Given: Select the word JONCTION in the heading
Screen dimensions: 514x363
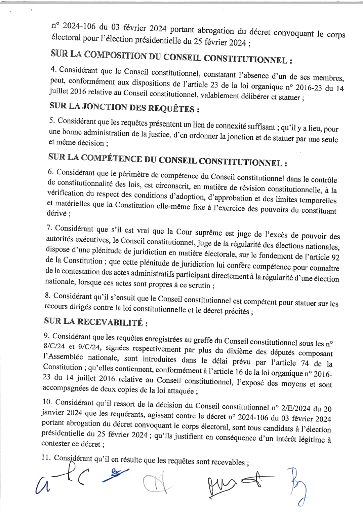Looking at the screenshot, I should coord(107,107).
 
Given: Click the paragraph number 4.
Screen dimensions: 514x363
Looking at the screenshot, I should coord(53,69).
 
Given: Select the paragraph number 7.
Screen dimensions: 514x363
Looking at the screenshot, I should coord(49,228).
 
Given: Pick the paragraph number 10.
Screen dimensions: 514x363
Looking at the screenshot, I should coord(47,402).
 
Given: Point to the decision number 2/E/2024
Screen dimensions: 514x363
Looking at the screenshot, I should coord(295,408).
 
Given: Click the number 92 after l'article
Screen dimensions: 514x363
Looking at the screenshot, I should coord(335,258).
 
